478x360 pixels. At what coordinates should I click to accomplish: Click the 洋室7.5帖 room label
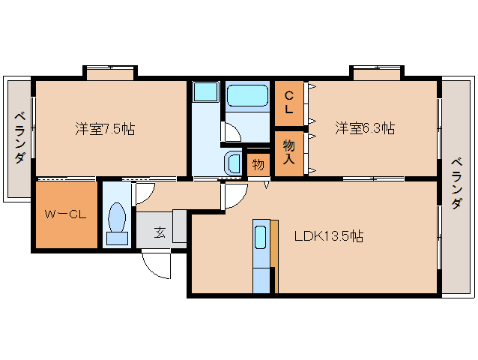105,128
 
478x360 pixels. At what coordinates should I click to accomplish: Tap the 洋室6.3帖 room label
365,128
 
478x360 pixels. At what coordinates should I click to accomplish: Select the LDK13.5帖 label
328,236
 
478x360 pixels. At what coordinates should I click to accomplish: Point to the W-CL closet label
65,214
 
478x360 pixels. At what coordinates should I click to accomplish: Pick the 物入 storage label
288,152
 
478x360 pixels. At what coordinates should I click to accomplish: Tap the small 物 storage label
258,164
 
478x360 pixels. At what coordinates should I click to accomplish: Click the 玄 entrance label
160,232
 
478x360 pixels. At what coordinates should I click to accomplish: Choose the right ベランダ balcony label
456,184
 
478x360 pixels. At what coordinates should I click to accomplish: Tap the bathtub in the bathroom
246,96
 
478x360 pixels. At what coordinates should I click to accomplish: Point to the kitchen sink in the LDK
260,238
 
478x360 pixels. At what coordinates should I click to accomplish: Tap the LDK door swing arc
235,197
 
